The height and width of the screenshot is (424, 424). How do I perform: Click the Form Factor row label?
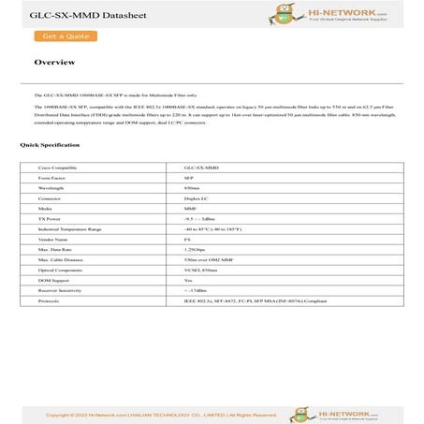pos(51,176)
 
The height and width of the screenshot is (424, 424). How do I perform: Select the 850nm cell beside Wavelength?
pos(192,187)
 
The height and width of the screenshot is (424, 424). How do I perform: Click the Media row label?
pos(45,210)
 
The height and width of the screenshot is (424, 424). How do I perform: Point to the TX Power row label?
pos(50,221)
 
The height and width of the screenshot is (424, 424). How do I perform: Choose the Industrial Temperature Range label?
pos(70,231)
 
